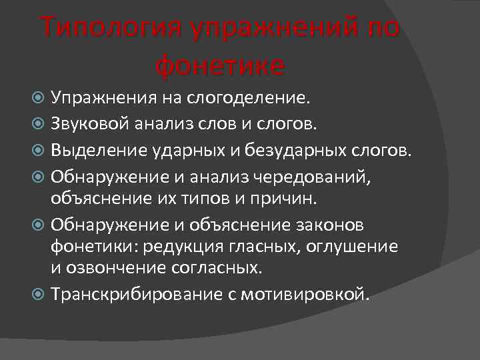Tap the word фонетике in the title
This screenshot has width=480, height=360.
(x=220, y=65)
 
